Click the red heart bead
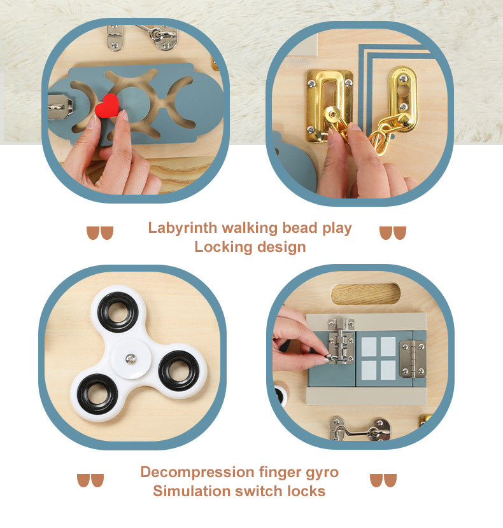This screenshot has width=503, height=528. [107, 106]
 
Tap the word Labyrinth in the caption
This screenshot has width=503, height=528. [183, 228]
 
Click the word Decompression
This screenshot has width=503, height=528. [197, 473]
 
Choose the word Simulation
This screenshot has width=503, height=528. [192, 491]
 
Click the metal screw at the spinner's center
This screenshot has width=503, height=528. [131, 359]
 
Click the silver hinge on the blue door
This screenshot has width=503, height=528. [413, 359]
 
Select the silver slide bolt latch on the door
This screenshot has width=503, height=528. [341, 341]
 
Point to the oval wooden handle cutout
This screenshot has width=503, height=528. [365, 293]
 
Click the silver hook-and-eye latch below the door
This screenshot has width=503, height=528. [360, 429]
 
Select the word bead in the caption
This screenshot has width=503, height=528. [300, 228]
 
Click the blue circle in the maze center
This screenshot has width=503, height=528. [134, 105]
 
